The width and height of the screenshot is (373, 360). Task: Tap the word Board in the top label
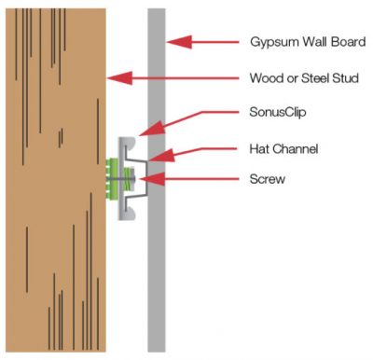click(342, 43)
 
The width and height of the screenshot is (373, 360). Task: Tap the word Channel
click(298, 146)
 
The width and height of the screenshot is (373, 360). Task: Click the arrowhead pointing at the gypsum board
click(174, 42)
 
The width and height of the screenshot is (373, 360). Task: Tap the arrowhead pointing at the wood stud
click(116, 78)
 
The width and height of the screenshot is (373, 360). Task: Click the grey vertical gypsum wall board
click(157, 280)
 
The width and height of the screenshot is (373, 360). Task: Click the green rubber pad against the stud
click(115, 177)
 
